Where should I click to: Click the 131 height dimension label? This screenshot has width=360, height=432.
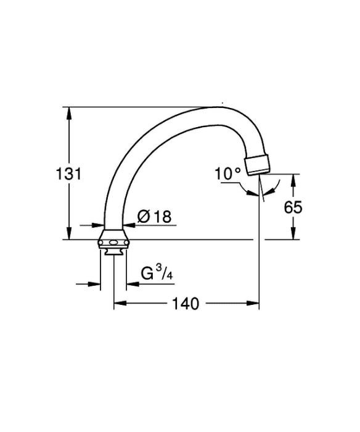68,174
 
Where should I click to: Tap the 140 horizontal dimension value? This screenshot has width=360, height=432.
185,304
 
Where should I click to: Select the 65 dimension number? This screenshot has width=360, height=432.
293,207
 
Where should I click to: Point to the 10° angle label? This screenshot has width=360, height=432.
227,174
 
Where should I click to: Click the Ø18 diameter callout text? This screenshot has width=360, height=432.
154,216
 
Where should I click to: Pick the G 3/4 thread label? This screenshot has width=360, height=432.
157,273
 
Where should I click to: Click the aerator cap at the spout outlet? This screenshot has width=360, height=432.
258,165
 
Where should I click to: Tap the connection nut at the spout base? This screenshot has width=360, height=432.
113,239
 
